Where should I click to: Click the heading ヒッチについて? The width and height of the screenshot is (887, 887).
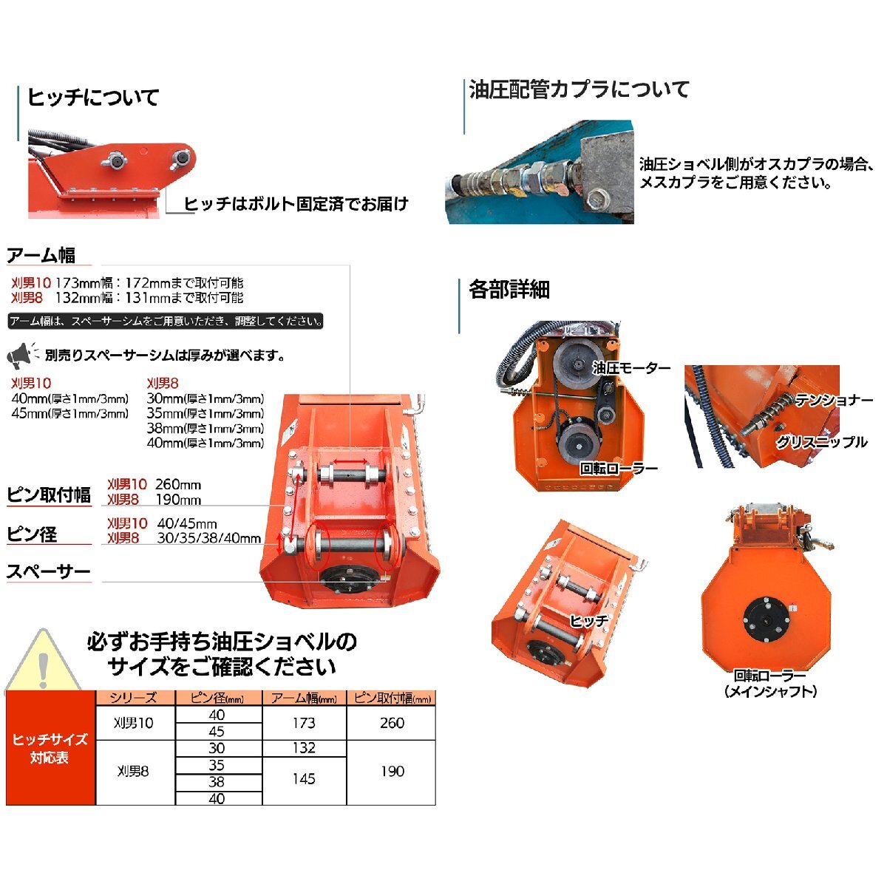coord(93,98)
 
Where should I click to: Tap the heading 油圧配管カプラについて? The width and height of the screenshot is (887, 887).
coord(579,89)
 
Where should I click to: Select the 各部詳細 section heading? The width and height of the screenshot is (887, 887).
coord(509,290)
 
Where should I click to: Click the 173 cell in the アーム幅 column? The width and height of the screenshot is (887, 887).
coord(304,723)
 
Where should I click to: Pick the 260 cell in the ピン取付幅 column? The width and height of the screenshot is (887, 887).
coord(392,723)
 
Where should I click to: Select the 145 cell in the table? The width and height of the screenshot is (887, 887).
coord(304,779)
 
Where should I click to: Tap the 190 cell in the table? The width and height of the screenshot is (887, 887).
coord(392,771)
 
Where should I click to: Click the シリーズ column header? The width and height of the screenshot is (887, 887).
coord(134,698)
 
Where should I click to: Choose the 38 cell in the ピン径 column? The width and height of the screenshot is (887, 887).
coord(217,781)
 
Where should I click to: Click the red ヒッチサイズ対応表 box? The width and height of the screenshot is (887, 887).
coord(50,748)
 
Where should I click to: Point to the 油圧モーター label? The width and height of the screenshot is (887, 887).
coord(631,368)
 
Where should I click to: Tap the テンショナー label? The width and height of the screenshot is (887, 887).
coord(834,401)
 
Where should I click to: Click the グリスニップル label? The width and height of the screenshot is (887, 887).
coord(822,442)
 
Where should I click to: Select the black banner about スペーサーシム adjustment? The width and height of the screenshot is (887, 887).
coord(166,321)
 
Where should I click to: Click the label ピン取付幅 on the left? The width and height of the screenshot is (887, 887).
coord(49,495)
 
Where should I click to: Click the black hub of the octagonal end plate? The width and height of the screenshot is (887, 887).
coord(766,622)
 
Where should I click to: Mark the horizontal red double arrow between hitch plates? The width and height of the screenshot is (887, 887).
coord(350,461)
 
